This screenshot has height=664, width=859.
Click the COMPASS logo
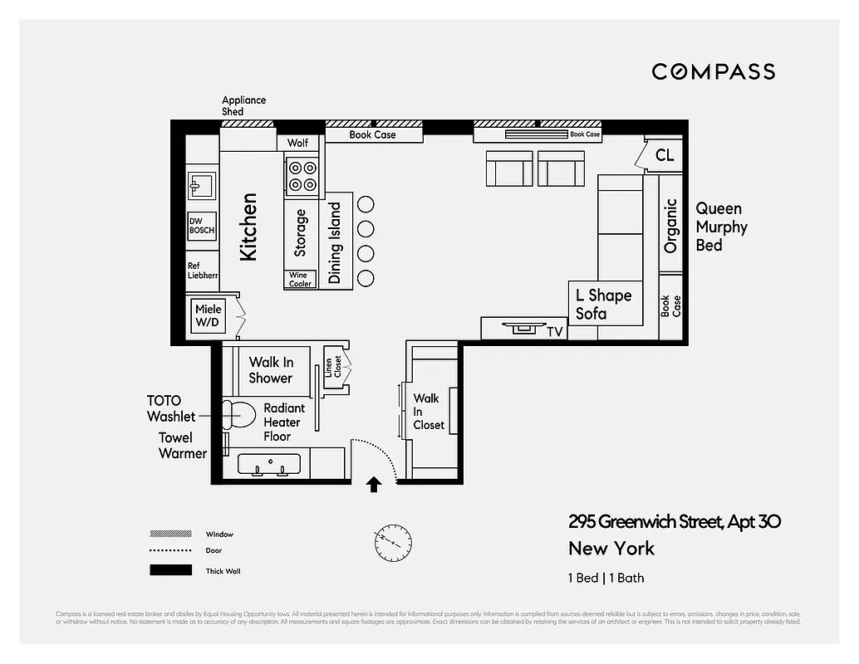point(713,71)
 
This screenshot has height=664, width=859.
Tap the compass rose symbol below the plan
point(392,542)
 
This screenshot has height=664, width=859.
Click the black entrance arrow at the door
point(374,484)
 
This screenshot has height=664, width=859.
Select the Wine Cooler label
point(300,280)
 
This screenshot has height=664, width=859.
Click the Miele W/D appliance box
point(209,315)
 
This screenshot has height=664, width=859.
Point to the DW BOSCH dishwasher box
point(202,226)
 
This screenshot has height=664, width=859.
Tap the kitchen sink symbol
point(200,184)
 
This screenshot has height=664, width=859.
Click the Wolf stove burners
point(301,177)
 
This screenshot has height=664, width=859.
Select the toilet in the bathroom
point(238,412)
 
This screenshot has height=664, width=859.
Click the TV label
point(554,331)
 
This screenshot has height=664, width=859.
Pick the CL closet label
point(665,155)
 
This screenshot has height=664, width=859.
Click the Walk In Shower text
point(271,369)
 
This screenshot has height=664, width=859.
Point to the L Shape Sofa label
point(603,304)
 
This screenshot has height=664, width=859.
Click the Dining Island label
point(336,243)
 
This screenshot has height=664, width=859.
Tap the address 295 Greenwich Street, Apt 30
point(674,522)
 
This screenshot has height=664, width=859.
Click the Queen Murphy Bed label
point(721,227)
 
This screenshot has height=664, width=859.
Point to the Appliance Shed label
point(243,105)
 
